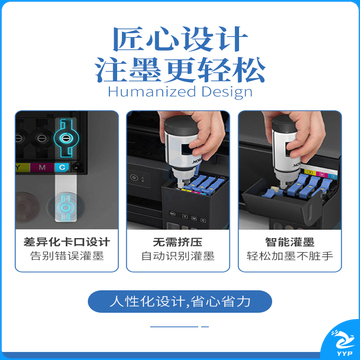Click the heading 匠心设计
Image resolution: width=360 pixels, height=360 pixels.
tap(180, 39)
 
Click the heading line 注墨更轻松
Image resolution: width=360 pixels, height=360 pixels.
tap(180, 70)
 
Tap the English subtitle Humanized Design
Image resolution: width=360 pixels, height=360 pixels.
tap(180, 92)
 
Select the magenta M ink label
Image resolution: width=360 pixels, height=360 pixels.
tap(42, 167)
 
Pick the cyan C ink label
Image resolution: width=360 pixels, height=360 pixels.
tap(62, 167)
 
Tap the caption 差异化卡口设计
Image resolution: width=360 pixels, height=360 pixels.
tap(67, 242)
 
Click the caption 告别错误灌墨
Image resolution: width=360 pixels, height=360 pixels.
tap(67, 256)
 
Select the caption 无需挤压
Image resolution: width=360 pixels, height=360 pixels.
tap(178, 242)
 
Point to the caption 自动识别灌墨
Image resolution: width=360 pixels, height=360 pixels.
tap(178, 256)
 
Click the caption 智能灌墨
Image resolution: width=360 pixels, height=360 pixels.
tap(290, 242)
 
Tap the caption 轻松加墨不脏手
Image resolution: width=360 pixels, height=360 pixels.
tap(290, 256)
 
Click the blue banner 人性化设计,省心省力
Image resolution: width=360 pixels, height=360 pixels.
tap(180, 302)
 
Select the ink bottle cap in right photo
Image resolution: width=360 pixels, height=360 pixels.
tap(284, 122)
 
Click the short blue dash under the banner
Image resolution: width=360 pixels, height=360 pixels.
tap(205, 327)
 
